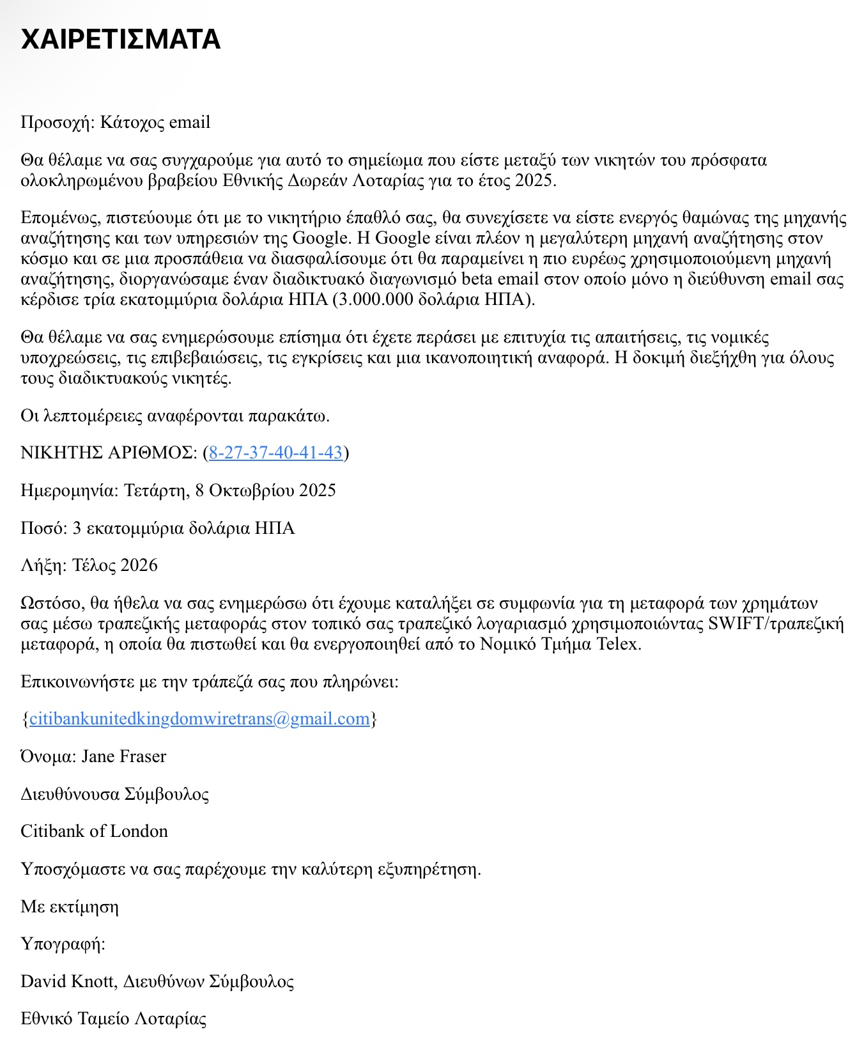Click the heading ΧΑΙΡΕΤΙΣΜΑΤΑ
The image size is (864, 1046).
pyautogui.click(x=121, y=40)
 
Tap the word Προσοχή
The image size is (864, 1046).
pyautogui.click(x=57, y=122)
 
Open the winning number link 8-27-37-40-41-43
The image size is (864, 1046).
pyautogui.click(x=275, y=453)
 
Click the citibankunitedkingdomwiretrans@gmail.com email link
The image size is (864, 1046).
pyautogui.click(x=199, y=719)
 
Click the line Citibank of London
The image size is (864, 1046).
pyautogui.click(x=94, y=831)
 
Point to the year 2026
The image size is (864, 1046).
pyautogui.click(x=139, y=565)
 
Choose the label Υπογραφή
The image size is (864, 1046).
pyautogui.click(x=62, y=944)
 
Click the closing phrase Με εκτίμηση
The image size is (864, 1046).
pyautogui.click(x=70, y=907)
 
